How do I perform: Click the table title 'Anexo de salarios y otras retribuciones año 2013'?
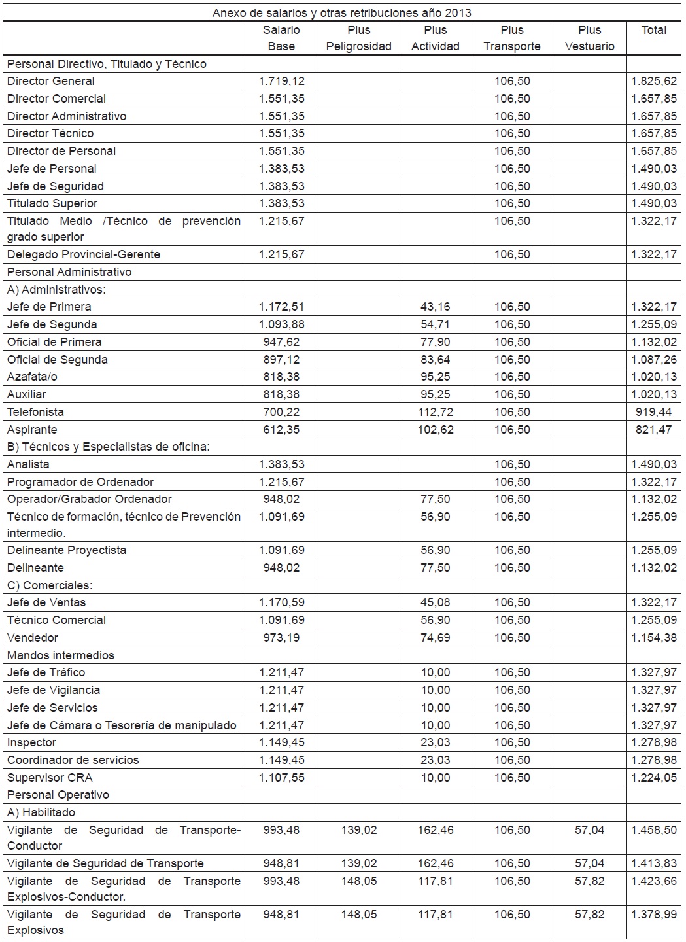tap(341, 12)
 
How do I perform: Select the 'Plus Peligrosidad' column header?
tap(358, 38)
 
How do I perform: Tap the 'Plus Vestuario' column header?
tap(589, 38)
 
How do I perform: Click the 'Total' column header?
tap(653, 30)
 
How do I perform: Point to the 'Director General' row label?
tap(51, 81)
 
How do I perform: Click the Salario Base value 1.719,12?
tap(281, 81)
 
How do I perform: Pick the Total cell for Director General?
tap(653, 81)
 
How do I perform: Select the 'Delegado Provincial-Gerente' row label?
tap(84, 254)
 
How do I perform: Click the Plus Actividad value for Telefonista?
tap(435, 412)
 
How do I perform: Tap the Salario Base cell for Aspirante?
tap(281, 430)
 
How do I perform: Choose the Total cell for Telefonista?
tap(653, 412)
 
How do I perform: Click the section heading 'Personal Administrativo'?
tap(69, 272)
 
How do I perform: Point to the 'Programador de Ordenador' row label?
tap(80, 482)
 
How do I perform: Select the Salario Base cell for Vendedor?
tap(281, 638)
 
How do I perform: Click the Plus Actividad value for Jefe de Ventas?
tap(435, 602)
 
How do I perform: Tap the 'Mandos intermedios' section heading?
tap(61, 655)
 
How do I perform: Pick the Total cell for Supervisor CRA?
tap(653, 778)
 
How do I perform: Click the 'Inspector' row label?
tap(31, 742)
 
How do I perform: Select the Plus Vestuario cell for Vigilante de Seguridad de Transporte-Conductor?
tap(589, 830)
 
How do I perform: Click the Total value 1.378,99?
tap(653, 915)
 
